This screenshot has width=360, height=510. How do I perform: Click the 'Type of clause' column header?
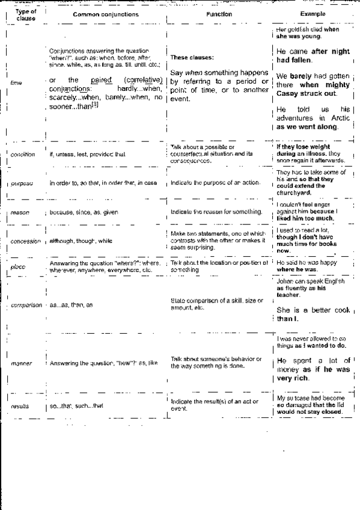pyautogui.click(x=25, y=14)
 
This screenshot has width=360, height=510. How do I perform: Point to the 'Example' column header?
pyautogui.click(x=313, y=13)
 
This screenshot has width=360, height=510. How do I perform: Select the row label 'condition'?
pyautogui.click(x=23, y=155)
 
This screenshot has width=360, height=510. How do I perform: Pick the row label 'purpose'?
pyautogui.click(x=22, y=183)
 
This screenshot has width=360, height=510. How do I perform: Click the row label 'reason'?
pyautogui.click(x=20, y=212)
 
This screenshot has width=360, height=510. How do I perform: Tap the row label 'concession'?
pyautogui.click(x=25, y=241)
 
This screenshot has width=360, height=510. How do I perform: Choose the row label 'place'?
pyautogui.click(x=17, y=265)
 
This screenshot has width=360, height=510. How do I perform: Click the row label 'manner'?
pyautogui.click(x=20, y=363)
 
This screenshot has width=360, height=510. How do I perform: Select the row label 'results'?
pyautogui.click(x=20, y=406)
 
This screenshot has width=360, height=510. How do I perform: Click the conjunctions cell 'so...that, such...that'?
pyautogui.click(x=76, y=406)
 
